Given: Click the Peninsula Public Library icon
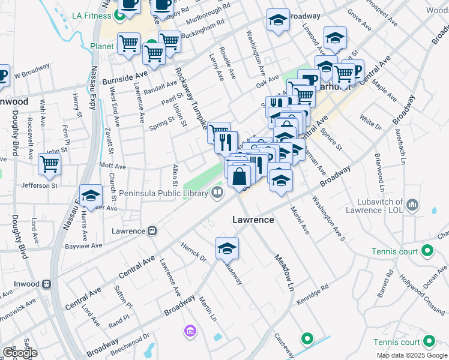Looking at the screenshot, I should [217, 193].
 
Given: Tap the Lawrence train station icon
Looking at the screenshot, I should [152, 230].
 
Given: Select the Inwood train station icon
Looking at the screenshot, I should [46, 284].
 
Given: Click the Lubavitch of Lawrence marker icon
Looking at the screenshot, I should [412, 206].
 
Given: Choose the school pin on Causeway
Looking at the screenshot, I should [228, 247].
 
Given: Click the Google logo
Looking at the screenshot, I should [19, 353].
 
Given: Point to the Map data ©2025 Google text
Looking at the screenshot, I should [412, 355].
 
